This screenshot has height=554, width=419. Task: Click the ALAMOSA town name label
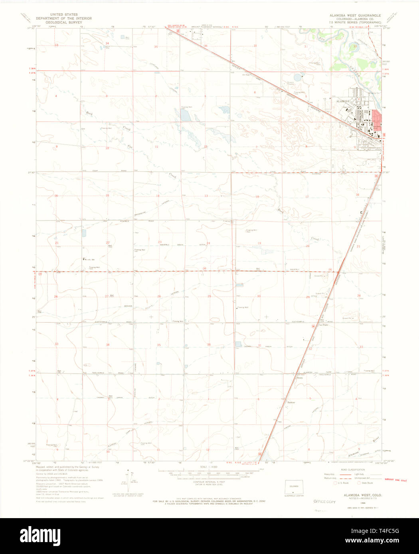pos(343,102)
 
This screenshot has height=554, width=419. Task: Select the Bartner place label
pos(291,403)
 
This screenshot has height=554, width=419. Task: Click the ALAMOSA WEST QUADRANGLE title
pos(355,16)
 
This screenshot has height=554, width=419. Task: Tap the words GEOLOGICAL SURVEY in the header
pos(64,22)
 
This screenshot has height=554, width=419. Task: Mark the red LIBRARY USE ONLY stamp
pos(395,481)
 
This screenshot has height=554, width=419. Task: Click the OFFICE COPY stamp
pos(324,501)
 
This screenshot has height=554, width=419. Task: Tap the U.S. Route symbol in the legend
pos(336,483)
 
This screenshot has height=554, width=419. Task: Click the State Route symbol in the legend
pos(359,483)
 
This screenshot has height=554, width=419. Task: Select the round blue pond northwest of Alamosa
pos(298,77)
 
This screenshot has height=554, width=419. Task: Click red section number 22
pos(108,243)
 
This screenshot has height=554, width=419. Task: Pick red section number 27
pos(107,296)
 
